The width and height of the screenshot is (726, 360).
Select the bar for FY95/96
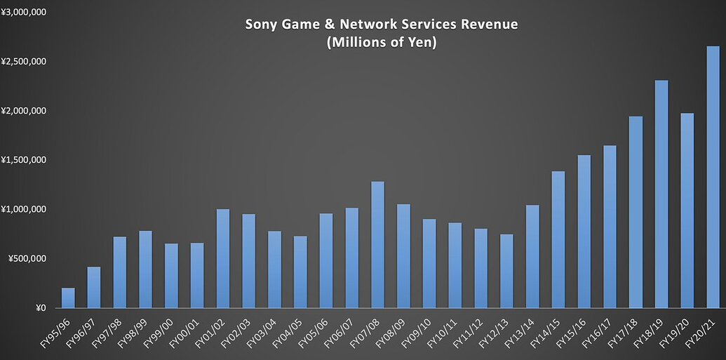coord(68,298)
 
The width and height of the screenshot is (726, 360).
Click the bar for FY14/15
coord(558,239)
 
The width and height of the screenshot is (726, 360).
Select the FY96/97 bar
coord(94,287)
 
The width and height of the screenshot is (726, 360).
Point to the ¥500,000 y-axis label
coord(27,259)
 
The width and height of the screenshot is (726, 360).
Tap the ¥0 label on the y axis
coord(40,308)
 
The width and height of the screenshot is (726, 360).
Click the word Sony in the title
coord(260,25)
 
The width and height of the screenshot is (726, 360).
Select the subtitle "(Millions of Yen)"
coord(381,43)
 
